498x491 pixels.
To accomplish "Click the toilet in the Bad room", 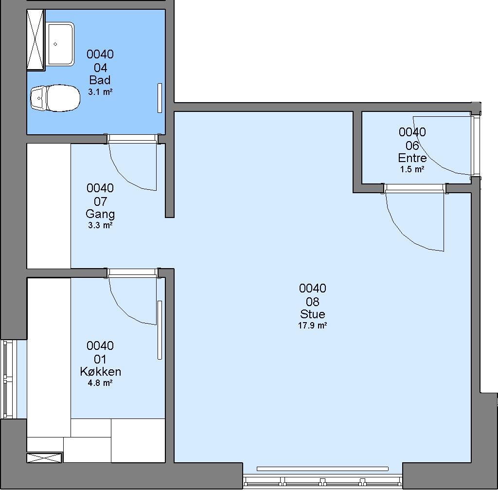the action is coord(55,98).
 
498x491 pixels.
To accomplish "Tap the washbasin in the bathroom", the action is coord(61,44).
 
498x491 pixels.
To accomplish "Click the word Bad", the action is coord(100,80).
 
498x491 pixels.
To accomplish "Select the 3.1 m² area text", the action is coord(100,92).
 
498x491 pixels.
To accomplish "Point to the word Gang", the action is coord(100,214).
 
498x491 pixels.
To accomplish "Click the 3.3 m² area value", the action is coord(100,225).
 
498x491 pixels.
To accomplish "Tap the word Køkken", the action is coord(100,371).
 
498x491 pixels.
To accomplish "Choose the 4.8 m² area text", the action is coord(100,383).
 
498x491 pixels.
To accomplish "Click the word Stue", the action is coord(313,314).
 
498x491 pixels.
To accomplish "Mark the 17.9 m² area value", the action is coord(313,326).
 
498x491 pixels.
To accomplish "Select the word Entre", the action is coord(412,158).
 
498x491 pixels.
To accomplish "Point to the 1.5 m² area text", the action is coord(412,169).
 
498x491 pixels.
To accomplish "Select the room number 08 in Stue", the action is coord(313,302).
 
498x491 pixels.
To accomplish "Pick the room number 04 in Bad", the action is coord(100,68).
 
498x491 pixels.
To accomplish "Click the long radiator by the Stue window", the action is coord(322,469).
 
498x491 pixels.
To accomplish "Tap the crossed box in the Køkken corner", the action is coord(44,458).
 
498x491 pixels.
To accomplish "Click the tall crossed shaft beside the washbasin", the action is coord(35,39).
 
